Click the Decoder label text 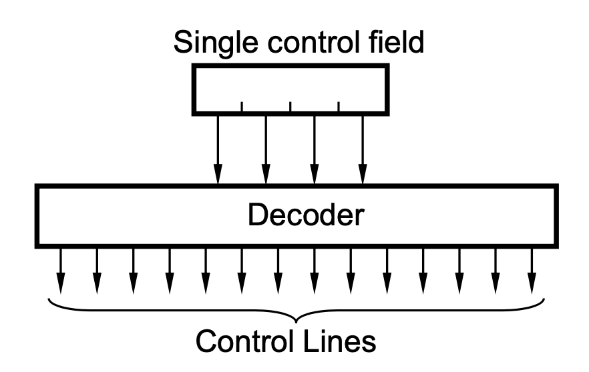point(306,215)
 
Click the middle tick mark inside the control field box point(290,105)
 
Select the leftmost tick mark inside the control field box point(242,105)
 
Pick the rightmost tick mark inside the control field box point(339,105)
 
